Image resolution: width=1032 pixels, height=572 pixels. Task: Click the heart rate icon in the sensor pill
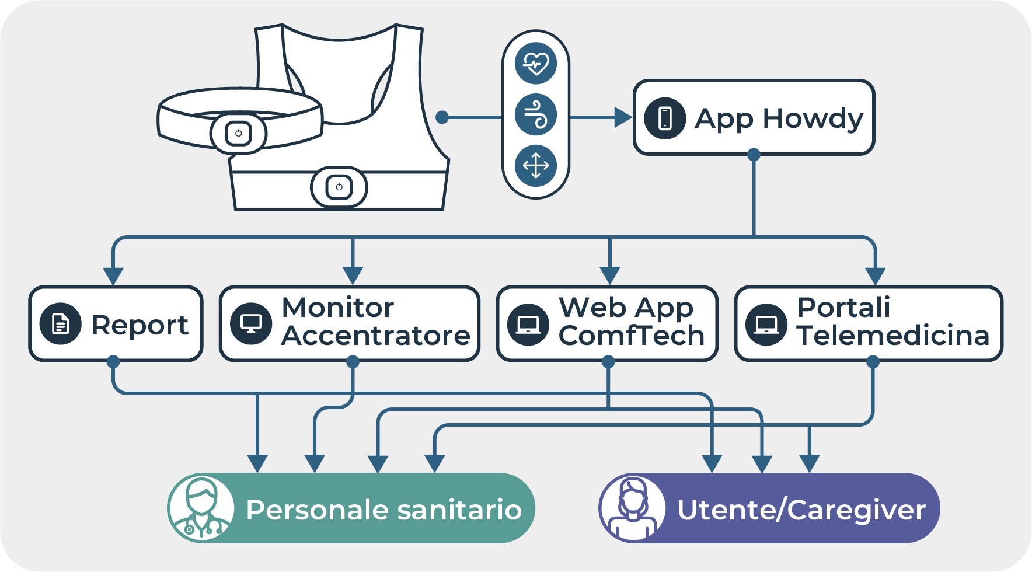point(536,63)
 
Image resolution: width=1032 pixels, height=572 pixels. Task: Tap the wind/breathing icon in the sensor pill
point(536,114)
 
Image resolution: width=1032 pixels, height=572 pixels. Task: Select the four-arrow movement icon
point(536,166)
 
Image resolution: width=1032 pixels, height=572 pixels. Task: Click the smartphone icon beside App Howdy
point(665,118)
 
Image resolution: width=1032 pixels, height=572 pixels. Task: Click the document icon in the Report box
point(60,324)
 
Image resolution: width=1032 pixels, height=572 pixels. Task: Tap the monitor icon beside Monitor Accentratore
point(251,324)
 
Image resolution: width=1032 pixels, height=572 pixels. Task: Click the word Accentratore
point(375,336)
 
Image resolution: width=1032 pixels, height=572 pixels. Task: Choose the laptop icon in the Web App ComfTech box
point(528,324)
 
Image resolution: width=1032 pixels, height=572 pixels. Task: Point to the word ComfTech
point(632,336)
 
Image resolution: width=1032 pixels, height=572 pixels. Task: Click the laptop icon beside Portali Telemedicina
point(766,324)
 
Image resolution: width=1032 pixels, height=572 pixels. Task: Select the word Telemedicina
point(893,336)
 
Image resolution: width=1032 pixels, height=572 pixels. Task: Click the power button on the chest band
point(238,133)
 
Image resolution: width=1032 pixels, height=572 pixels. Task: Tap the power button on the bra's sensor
point(339,187)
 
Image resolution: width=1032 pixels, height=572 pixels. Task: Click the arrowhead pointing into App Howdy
point(623,118)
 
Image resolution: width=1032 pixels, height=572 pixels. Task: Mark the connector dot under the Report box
point(113,362)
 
